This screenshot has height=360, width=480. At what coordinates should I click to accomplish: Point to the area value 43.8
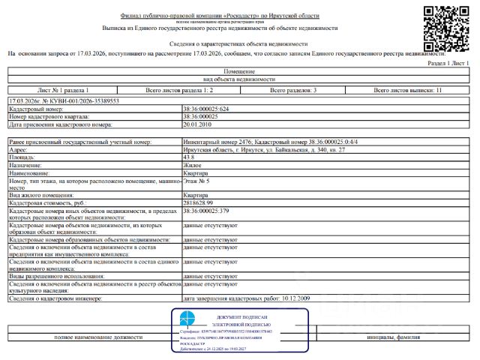[190, 157]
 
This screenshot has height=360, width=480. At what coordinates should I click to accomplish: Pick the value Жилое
[193, 164]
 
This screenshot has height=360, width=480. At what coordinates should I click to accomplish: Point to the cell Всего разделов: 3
[293, 90]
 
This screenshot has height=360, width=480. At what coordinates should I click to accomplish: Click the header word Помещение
[239, 72]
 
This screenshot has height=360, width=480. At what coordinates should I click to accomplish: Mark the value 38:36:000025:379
[207, 211]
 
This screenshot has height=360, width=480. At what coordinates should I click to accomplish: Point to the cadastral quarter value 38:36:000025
[201, 117]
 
